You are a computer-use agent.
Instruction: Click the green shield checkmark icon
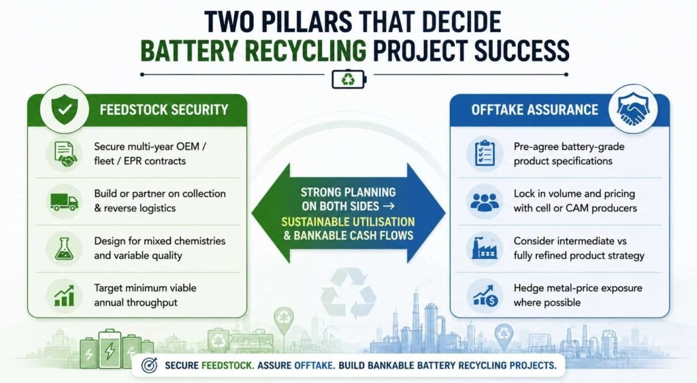pos(65,109)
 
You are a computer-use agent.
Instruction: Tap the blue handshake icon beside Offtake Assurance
pos(633,109)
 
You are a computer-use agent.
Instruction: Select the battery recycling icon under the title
pos(349,80)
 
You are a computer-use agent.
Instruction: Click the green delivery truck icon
pos(64,202)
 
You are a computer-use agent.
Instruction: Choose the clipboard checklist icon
pos(485,153)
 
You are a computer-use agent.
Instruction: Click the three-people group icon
pos(485,202)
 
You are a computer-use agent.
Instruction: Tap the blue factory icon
pos(485,248)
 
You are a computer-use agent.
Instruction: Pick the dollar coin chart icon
pos(485,295)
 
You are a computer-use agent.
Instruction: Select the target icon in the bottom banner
pos(149,365)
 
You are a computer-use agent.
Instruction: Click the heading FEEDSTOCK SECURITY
pos(164,110)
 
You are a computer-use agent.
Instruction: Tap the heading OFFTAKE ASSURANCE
pos(535,110)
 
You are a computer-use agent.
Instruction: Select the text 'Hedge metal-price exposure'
pos(578,288)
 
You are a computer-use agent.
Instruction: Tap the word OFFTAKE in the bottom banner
pos(313,366)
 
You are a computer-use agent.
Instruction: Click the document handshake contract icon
pos(65,154)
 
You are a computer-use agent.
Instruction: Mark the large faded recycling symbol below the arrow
pos(348,293)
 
